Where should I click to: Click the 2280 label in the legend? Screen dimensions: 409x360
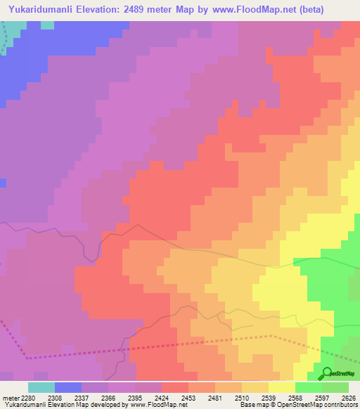coord(22,397)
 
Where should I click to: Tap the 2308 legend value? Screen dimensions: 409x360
coord(63,397)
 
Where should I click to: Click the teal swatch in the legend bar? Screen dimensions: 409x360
coord(41,387)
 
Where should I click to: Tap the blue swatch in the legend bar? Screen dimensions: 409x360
coord(68,387)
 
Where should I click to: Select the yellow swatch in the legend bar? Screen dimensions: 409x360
coord(281,387)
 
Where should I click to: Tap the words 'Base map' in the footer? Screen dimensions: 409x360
coord(250,405)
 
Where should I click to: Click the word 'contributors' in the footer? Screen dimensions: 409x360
coord(340,405)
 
